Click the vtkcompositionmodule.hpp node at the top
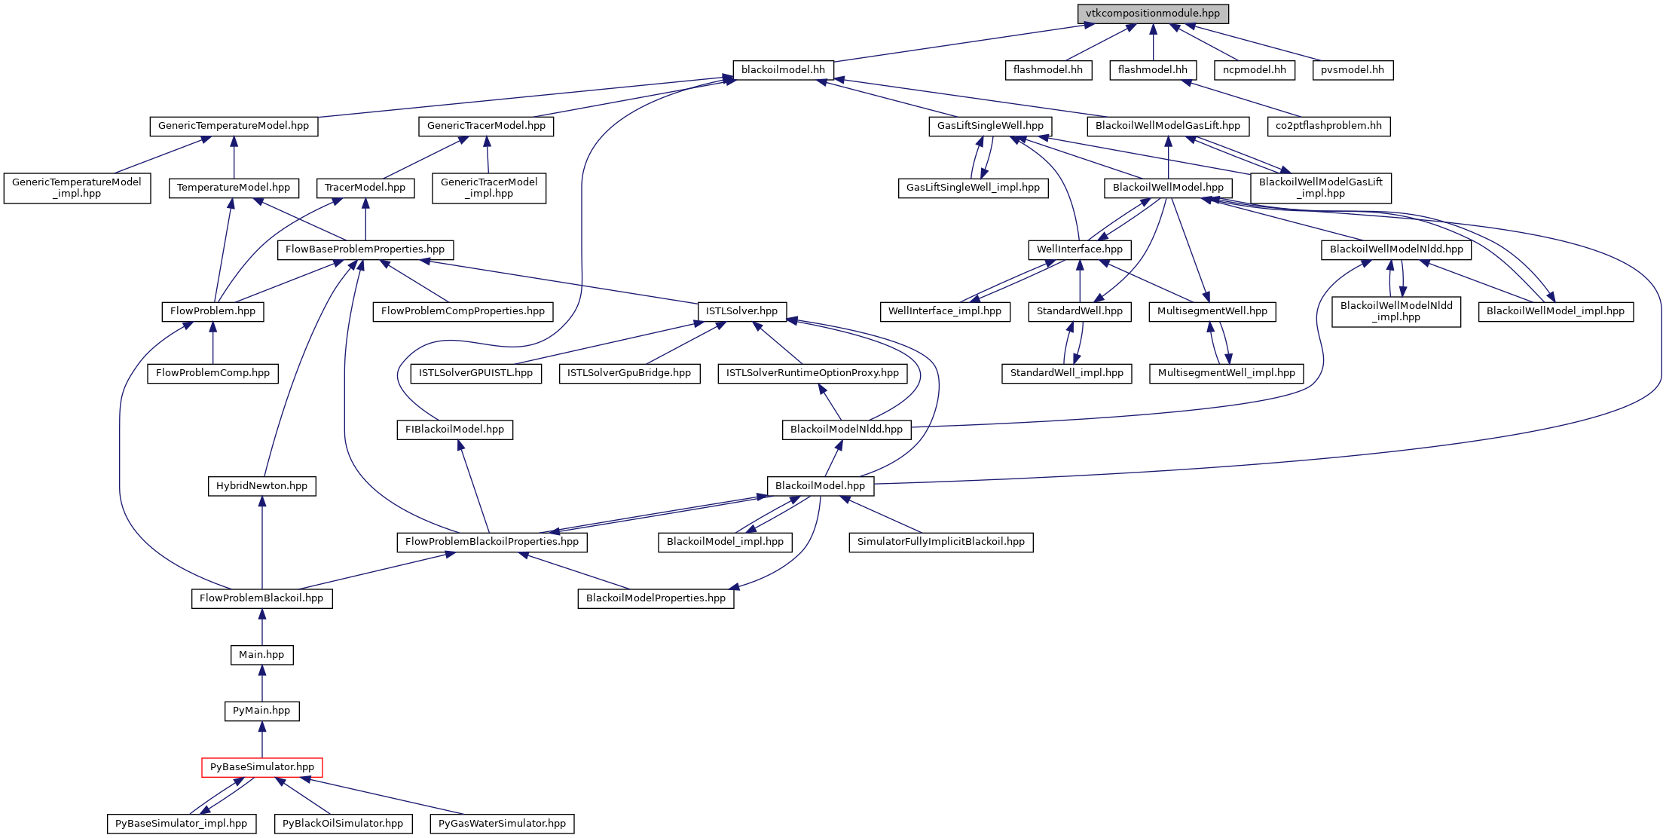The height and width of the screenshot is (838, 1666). click(1152, 14)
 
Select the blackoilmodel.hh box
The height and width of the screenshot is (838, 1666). click(783, 70)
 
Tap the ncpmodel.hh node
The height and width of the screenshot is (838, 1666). click(1254, 70)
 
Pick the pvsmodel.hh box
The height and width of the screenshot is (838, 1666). click(1352, 70)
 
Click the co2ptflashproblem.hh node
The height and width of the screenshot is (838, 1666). click(1328, 126)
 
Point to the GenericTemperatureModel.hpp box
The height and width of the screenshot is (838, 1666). click(234, 126)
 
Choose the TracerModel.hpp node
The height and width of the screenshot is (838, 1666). click(365, 188)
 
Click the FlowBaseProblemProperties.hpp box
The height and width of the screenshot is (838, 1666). click(365, 249)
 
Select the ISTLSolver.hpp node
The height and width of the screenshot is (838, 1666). click(741, 311)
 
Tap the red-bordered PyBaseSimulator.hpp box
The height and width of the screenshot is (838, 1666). click(261, 767)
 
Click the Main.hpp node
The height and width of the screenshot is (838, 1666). click(261, 655)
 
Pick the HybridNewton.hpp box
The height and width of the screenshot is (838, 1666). click(261, 486)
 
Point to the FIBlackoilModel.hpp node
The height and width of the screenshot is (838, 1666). click(454, 430)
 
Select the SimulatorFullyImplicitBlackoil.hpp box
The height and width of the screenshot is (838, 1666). click(940, 542)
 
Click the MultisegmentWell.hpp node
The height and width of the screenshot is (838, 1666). click(1212, 311)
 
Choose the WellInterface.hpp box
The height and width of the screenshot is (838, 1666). click(1079, 249)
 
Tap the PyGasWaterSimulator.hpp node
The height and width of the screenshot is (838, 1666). click(502, 824)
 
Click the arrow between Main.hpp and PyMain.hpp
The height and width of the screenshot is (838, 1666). click(261, 683)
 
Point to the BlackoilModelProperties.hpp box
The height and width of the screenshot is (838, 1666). click(656, 598)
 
